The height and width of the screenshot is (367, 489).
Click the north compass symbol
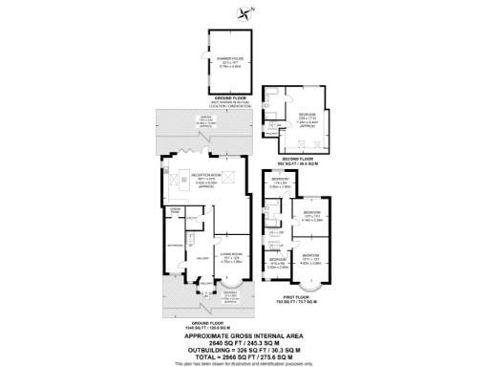250,12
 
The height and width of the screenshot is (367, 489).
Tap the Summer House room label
227,61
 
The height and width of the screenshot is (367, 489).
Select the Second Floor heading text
299,161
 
